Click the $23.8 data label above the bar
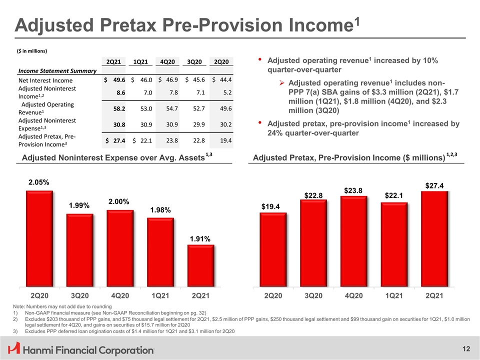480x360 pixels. click(353, 190)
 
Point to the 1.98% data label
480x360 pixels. click(160, 210)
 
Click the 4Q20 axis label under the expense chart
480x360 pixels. click(120, 295)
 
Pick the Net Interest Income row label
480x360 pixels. click(45, 80)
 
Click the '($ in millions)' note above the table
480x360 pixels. click(32, 50)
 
